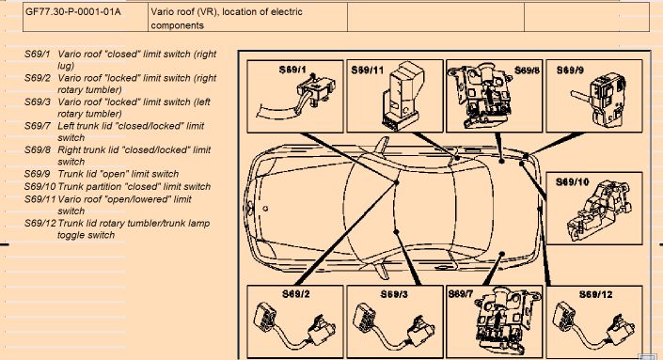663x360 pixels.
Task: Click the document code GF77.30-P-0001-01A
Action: (x=72, y=12)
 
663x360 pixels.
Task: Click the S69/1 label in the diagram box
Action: (x=292, y=70)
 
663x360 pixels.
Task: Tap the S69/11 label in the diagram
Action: (x=367, y=70)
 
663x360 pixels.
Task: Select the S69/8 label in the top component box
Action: (x=527, y=70)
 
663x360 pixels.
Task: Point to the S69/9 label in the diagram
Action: (x=570, y=70)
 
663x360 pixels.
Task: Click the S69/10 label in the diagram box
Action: (x=572, y=182)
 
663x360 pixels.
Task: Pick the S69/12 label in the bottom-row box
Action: (x=596, y=294)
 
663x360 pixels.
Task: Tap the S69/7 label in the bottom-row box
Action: (x=461, y=293)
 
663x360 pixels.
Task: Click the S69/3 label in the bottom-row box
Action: (x=394, y=294)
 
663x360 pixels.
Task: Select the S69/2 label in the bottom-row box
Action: (x=295, y=293)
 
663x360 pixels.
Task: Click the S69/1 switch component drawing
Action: (x=296, y=97)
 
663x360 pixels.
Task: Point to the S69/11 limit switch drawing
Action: (x=403, y=95)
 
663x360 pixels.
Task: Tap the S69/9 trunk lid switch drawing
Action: (x=598, y=102)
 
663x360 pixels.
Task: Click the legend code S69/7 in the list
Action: (x=37, y=126)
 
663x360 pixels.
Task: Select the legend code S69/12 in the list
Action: (x=39, y=223)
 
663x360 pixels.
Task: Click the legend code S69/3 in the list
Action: (x=37, y=102)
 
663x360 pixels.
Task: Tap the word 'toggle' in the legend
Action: (x=71, y=235)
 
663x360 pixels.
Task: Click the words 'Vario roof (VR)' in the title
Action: (x=184, y=12)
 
